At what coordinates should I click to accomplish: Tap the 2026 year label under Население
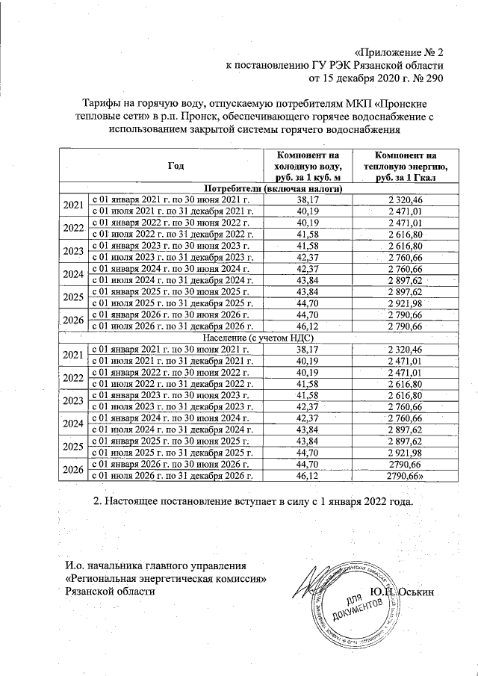(x=73, y=469)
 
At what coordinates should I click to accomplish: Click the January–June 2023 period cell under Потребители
(x=172, y=246)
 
